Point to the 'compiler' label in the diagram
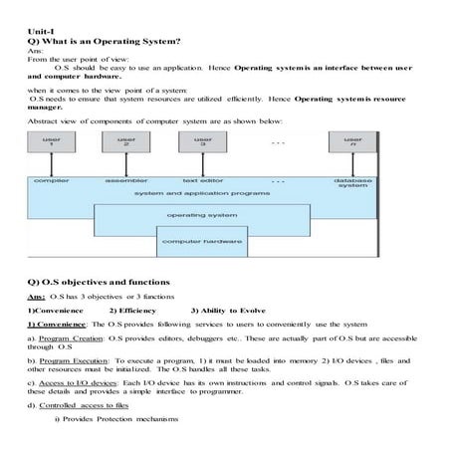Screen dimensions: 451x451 pyautogui.click(x=51, y=181)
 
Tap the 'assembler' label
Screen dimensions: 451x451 pyautogui.click(x=126, y=181)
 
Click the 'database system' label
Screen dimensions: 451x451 pyautogui.click(x=352, y=183)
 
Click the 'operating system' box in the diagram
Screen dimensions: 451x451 pyautogui.click(x=202, y=215)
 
